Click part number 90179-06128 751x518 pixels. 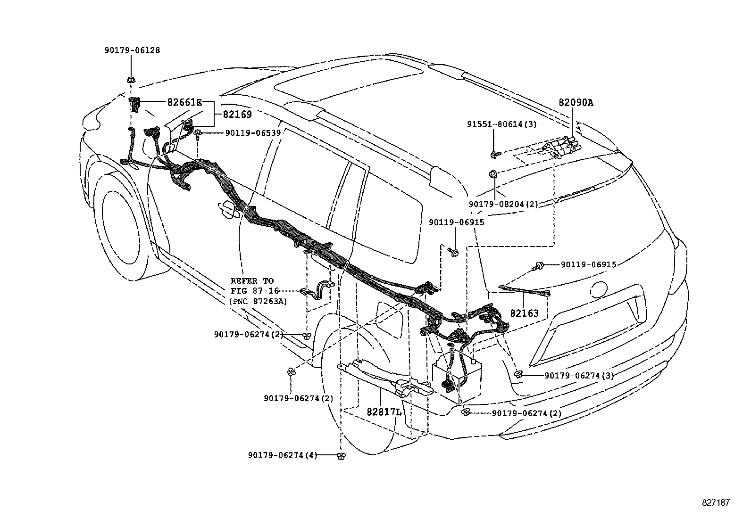pyautogui.click(x=132, y=50)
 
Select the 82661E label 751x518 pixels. pyautogui.click(x=185, y=102)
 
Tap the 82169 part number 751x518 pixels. pyautogui.click(x=237, y=115)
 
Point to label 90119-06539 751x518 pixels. pyautogui.click(x=253, y=133)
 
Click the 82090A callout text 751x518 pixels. pyautogui.click(x=576, y=103)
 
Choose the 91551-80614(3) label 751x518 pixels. pyautogui.click(x=502, y=124)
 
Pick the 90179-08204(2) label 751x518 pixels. pyautogui.click(x=503, y=204)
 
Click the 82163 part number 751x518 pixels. pyautogui.click(x=525, y=313)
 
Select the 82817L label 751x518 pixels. pyautogui.click(x=384, y=412)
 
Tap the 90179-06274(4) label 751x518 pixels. pyautogui.click(x=282, y=455)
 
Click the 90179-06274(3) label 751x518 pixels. pyautogui.click(x=579, y=376)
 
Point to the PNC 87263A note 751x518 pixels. pyautogui.click(x=258, y=301)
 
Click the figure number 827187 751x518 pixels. pyautogui.click(x=716, y=502)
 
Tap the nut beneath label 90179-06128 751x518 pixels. pyautogui.click(x=131, y=80)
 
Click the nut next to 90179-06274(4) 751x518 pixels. pyautogui.click(x=341, y=456)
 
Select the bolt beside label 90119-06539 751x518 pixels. pyautogui.click(x=198, y=133)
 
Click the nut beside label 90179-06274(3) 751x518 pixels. pyautogui.click(x=518, y=374)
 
